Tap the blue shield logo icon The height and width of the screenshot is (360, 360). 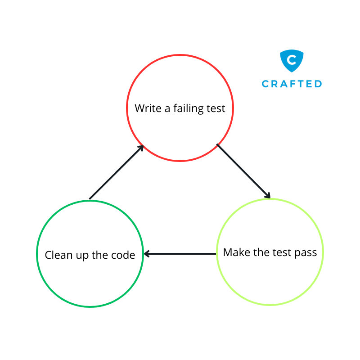pos(292,61)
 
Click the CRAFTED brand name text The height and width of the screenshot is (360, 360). pos(292,84)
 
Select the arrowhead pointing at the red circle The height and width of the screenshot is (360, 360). pos(140,148)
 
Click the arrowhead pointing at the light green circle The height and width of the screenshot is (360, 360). pos(268,196)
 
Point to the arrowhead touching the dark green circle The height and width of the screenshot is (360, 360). pos(147,254)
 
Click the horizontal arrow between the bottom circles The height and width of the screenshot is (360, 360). pos(180,254)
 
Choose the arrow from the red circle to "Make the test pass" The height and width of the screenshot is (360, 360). pos(243,171)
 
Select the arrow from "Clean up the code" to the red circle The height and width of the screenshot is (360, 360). pos(116,172)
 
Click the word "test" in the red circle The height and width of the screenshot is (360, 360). pos(215,108)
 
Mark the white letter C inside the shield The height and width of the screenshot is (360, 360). pos(292,59)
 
